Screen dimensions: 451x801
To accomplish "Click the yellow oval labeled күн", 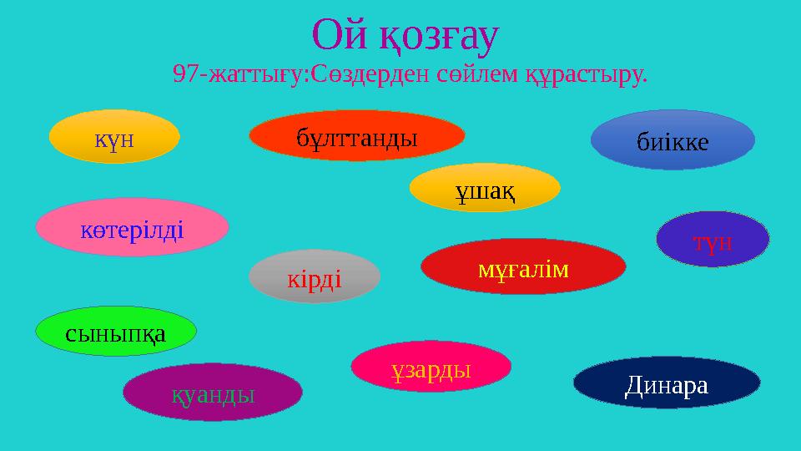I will [x=114, y=136].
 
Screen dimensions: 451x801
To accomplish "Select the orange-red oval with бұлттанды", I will [x=357, y=135].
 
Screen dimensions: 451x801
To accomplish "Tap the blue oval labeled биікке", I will [x=673, y=140].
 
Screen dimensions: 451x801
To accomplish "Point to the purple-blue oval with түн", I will [x=713, y=240].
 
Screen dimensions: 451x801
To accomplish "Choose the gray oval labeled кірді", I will [x=315, y=276].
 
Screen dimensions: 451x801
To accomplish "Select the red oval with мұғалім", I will [x=523, y=266].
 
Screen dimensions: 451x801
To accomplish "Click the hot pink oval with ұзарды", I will [x=431, y=367].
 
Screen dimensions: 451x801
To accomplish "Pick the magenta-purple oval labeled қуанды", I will [x=213, y=392].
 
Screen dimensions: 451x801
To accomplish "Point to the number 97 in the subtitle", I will [x=185, y=75].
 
